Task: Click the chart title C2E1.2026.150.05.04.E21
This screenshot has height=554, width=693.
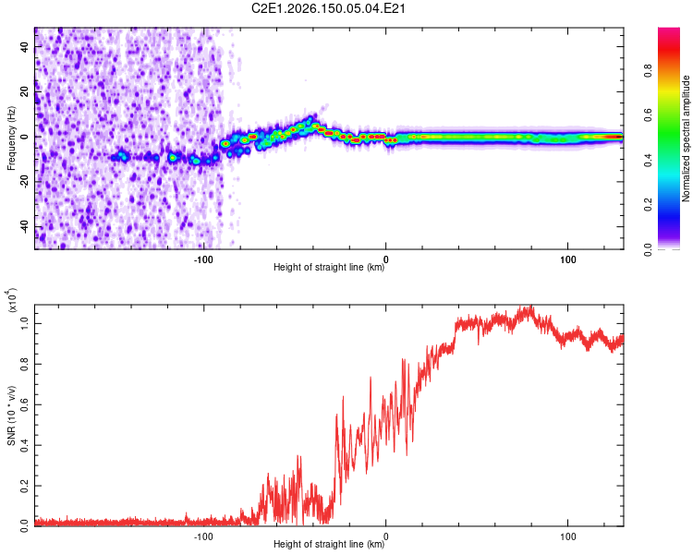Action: point(328,8)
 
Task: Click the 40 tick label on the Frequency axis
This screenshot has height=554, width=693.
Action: point(25,47)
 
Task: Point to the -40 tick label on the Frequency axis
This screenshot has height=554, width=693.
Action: point(25,227)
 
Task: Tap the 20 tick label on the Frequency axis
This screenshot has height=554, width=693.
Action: point(25,92)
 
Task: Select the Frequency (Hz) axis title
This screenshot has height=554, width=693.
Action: point(11,138)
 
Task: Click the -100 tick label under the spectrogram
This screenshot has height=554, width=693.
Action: point(203,259)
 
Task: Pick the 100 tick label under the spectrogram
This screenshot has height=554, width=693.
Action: point(568,259)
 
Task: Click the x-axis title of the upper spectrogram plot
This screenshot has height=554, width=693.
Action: point(329,267)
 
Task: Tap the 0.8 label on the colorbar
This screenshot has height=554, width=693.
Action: point(648,71)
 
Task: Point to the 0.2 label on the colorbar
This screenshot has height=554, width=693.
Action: point(648,205)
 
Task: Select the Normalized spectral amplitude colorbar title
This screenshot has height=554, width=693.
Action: point(686,138)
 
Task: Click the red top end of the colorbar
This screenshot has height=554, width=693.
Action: point(669,30)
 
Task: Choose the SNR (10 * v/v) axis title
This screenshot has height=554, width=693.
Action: point(11,415)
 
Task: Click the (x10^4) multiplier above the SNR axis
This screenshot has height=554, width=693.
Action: point(11,300)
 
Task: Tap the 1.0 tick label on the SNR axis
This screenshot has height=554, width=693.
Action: point(25,324)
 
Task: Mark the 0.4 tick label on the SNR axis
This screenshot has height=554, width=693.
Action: point(25,445)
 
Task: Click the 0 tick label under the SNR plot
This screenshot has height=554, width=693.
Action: point(386,536)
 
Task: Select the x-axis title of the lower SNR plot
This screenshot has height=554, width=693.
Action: point(329,544)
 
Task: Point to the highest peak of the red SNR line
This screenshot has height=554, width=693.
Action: point(530,306)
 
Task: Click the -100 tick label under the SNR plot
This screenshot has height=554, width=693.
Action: point(203,536)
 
